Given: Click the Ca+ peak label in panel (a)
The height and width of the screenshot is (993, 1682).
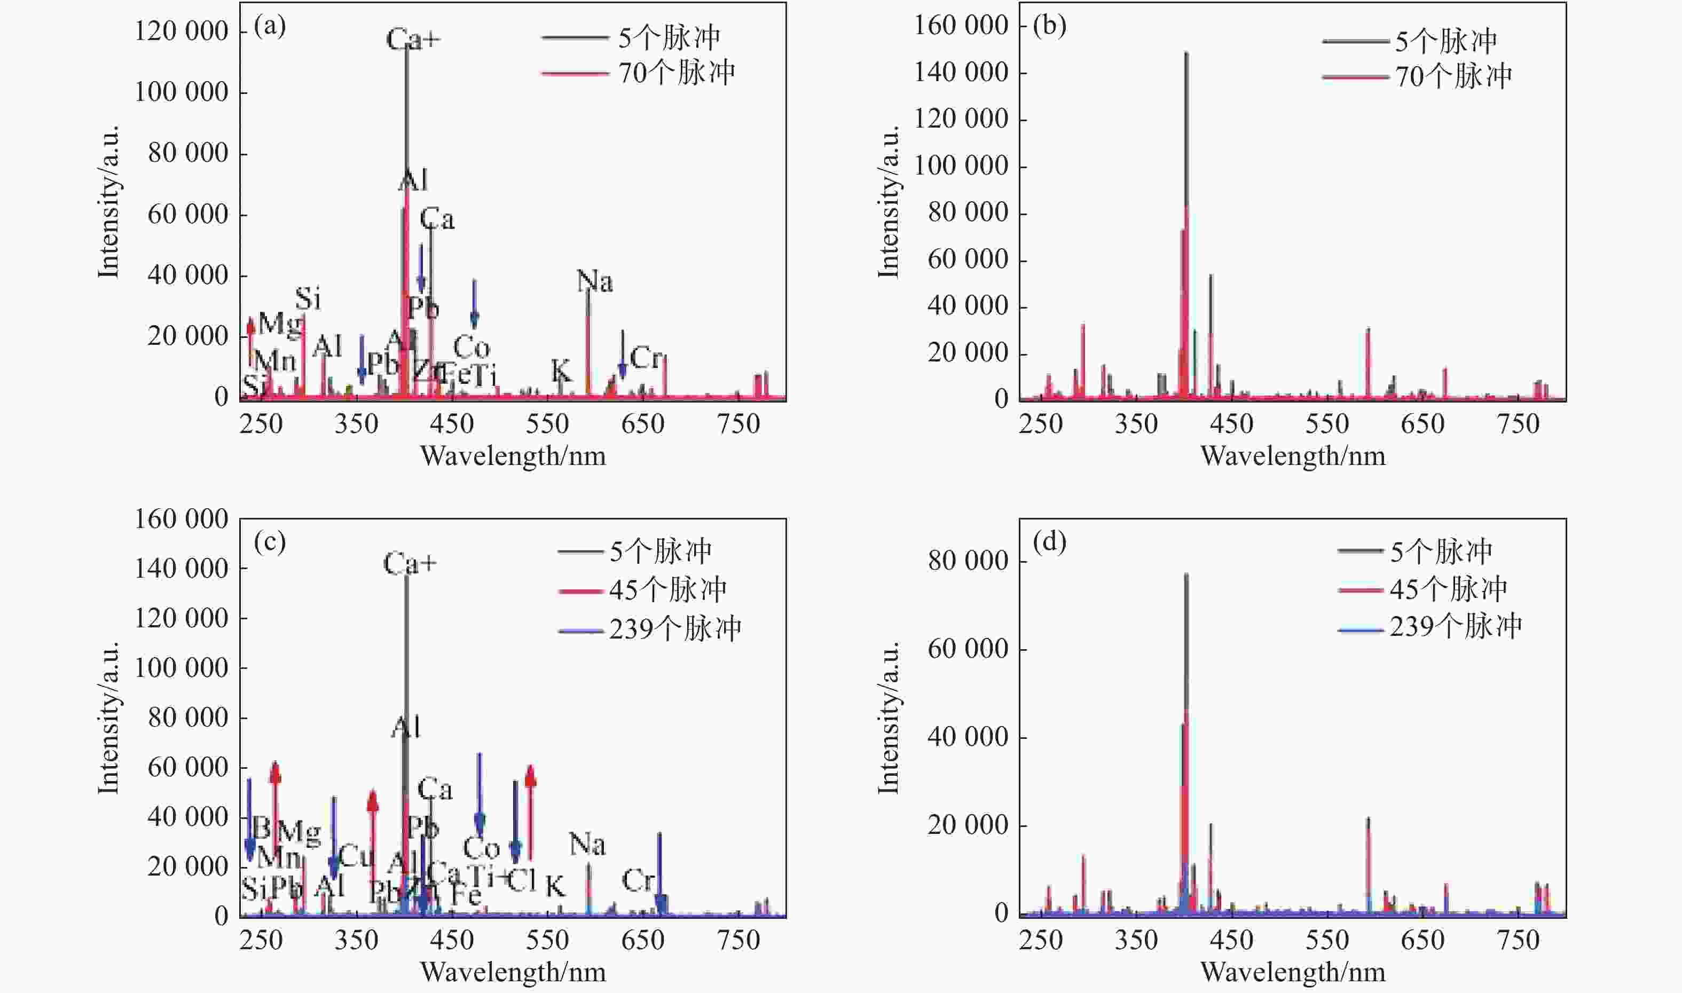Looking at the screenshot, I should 413,40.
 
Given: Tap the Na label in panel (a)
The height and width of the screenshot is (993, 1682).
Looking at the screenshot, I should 595,282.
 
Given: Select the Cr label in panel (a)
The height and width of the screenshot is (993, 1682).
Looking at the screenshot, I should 646,359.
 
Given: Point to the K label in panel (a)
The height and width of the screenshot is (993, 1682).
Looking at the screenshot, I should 561,371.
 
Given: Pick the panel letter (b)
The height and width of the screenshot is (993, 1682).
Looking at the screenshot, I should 1049,26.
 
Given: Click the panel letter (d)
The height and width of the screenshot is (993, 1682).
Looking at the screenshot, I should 1049,541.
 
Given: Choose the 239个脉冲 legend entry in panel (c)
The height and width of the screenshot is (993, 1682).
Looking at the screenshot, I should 674,629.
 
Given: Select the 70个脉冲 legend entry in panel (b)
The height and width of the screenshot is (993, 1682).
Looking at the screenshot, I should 1452,76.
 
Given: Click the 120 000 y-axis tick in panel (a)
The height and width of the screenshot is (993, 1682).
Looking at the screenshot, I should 182,31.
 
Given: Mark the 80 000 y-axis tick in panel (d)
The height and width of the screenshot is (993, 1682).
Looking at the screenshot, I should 968,561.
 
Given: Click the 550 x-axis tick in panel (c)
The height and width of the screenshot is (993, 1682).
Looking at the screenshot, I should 547,940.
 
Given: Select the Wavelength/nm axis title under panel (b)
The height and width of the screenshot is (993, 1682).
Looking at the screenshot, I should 1293,456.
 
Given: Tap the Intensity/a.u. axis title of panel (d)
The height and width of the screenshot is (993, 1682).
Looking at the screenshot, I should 889,718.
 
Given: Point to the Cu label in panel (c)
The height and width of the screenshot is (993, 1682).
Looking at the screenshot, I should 356,856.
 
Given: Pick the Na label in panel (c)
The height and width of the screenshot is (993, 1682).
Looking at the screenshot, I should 587,845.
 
